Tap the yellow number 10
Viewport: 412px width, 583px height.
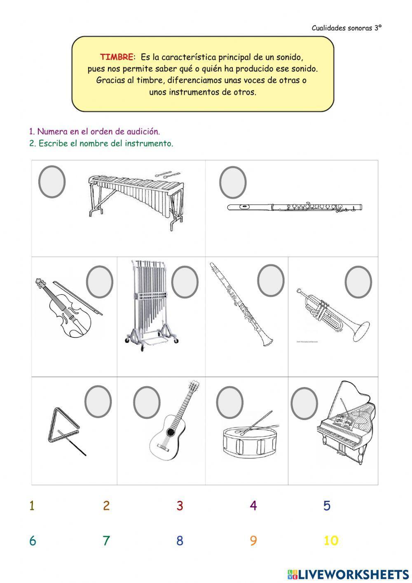tap(330, 541)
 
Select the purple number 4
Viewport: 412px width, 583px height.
tap(253, 505)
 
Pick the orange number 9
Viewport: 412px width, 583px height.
tap(253, 541)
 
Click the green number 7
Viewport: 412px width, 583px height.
tap(106, 541)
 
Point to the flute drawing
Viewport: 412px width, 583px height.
tap(295, 207)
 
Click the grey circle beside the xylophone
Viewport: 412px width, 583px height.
tap(52, 182)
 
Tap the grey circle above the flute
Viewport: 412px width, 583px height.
tap(233, 182)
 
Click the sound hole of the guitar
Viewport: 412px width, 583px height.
tap(170, 432)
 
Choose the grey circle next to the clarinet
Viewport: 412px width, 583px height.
tap(271, 280)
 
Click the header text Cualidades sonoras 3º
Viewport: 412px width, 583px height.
tap(346, 28)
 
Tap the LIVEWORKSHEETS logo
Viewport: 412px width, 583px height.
tap(348, 574)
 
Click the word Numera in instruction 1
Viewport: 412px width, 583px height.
tap(49, 132)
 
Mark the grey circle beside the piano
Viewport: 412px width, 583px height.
tap(304, 403)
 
